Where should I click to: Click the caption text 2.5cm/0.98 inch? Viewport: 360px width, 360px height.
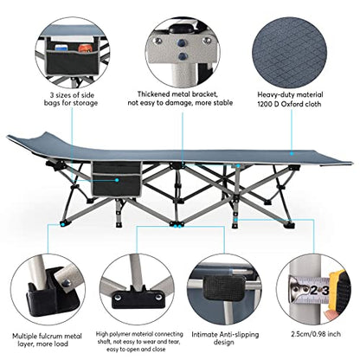click(316, 334)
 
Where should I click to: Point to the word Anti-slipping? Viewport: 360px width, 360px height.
click(239, 335)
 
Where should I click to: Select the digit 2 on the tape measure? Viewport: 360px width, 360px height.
click(314, 291)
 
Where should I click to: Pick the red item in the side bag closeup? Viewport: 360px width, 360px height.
click(84, 48)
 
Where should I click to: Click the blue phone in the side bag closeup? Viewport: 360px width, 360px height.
click(61, 48)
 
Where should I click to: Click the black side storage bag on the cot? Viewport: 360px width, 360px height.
click(116, 179)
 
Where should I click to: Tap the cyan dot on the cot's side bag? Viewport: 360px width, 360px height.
click(117, 180)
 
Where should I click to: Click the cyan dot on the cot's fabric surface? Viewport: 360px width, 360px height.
click(292, 154)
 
